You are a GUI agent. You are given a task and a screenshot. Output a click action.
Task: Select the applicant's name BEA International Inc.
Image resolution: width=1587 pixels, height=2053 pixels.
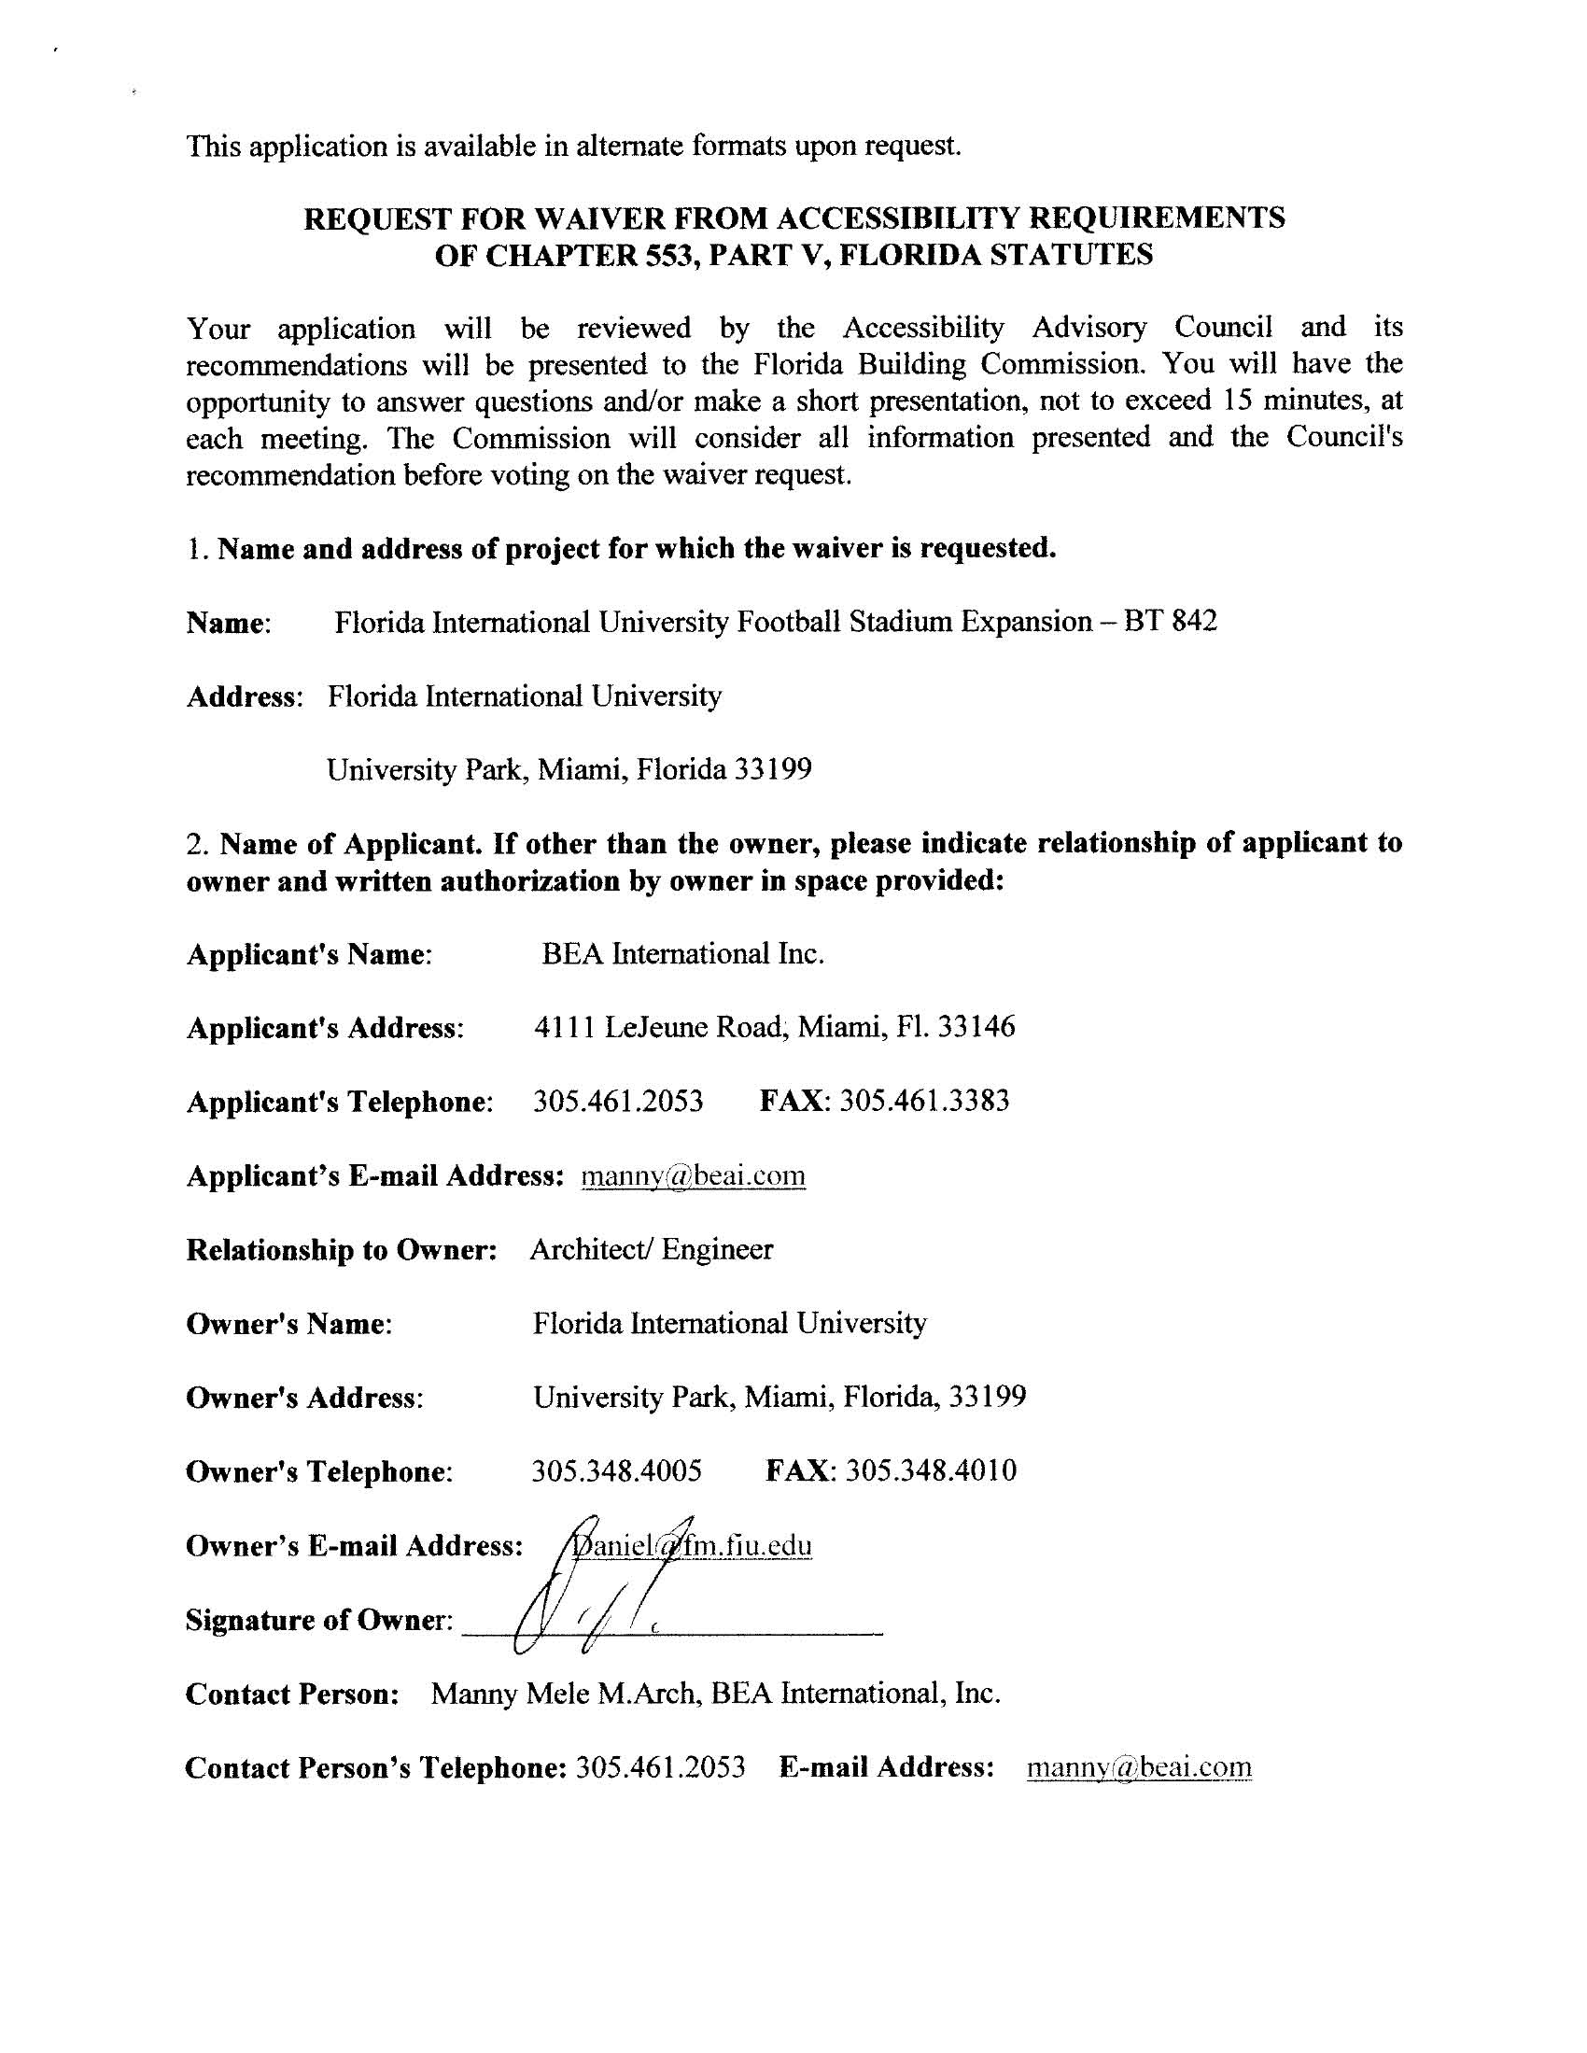point(682,954)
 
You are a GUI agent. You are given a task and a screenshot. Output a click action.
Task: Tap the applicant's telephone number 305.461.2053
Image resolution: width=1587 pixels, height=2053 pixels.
point(618,1101)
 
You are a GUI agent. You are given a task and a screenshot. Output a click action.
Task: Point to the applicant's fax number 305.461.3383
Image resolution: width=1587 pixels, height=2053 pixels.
point(924,1101)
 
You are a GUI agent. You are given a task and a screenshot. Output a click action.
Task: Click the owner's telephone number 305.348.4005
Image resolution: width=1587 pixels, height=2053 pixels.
point(617,1471)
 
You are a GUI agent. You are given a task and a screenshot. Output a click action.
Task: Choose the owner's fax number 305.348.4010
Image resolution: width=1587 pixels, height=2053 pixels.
point(931,1471)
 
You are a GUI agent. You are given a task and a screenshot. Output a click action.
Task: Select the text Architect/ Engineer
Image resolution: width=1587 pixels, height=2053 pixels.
point(651,1249)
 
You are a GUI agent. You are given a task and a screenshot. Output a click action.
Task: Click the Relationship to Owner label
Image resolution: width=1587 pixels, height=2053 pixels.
point(342,1250)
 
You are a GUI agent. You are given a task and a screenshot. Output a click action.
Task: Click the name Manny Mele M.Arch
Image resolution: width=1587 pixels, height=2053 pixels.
point(563,1694)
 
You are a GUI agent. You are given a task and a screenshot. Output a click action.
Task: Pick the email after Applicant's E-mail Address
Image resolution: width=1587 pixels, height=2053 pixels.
point(693,1176)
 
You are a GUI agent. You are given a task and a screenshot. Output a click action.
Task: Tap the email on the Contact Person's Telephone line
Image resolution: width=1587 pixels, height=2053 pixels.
point(1139,1768)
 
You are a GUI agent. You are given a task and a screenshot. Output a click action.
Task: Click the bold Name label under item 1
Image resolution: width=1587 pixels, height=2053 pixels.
point(229,624)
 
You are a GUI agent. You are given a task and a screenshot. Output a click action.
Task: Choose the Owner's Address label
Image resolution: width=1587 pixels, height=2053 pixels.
point(304,1398)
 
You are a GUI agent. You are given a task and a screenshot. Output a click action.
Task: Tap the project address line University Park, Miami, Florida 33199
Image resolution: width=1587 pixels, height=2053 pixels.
point(569,771)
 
